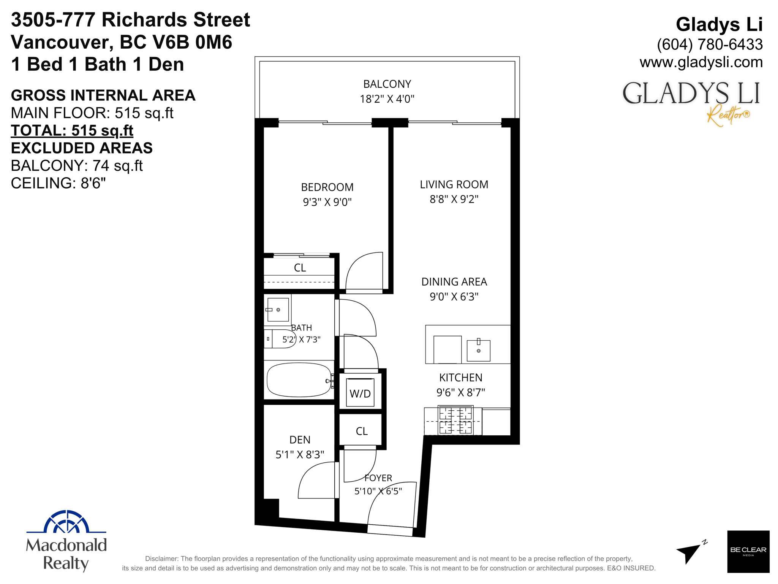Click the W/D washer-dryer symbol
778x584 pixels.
360,392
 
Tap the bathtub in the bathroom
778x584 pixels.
299,380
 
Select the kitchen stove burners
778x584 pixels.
455,420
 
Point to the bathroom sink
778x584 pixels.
278,309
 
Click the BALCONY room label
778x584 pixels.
387,84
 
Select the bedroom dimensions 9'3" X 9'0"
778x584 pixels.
327,202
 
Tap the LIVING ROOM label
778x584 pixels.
454,184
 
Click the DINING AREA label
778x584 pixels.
454,282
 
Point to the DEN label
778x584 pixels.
300,440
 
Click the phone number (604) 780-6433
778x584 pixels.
710,44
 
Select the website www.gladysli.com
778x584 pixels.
701,62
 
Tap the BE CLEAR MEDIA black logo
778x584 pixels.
748,551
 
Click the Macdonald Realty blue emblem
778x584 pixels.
66,522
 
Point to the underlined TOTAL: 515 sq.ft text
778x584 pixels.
72,130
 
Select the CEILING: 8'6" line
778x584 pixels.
58,183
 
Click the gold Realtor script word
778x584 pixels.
728,115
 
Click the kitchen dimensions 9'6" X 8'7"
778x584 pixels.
460,392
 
